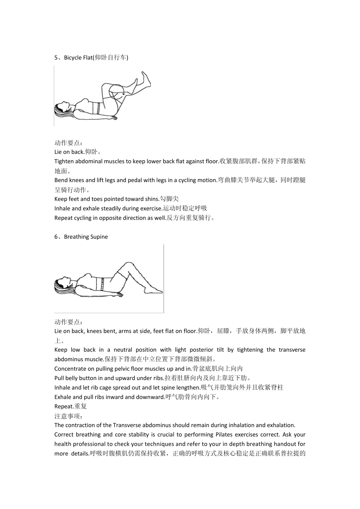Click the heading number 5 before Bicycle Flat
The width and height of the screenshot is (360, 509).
tap(56, 58)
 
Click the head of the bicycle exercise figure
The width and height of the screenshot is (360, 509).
tap(62, 109)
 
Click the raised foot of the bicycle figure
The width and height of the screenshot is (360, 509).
tap(146, 79)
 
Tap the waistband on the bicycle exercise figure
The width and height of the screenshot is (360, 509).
tap(98, 108)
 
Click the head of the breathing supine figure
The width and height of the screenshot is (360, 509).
tap(62, 286)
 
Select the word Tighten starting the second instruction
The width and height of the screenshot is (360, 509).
tap(64, 162)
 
